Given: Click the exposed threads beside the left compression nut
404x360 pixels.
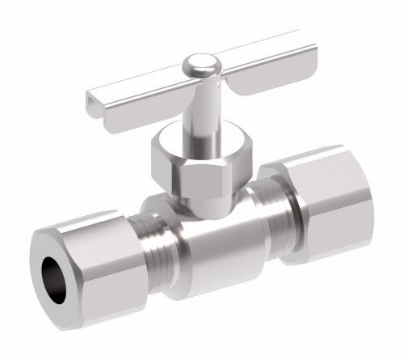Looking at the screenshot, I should tap(149, 251).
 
